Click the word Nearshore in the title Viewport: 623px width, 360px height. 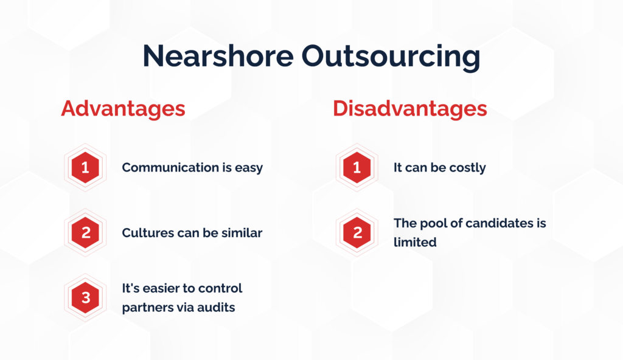click(x=218, y=55)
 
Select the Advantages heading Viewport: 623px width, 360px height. click(x=123, y=109)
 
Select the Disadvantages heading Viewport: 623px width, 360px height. click(x=409, y=109)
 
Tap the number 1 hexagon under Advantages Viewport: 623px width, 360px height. click(x=85, y=167)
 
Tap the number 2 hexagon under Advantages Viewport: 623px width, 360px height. click(x=85, y=232)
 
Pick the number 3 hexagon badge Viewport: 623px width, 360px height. click(x=85, y=297)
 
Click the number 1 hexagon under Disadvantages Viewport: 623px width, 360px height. click(x=357, y=167)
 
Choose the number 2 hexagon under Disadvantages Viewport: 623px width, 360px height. click(x=357, y=232)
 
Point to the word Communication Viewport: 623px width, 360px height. click(x=170, y=167)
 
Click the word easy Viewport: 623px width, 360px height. click(x=249, y=168)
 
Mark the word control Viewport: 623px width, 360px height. click(x=220, y=288)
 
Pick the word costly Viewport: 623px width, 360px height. click(x=468, y=168)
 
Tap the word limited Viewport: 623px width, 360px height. click(x=415, y=242)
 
